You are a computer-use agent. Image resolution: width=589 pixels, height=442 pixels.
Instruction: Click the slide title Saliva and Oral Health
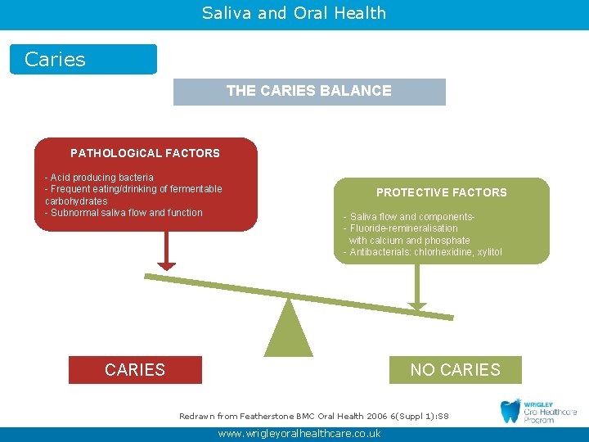pyautogui.click(x=294, y=13)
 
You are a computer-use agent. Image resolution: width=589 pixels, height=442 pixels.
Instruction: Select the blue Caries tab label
pyautogui.click(x=56, y=60)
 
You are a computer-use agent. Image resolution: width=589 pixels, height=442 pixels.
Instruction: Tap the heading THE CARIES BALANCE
pyautogui.click(x=309, y=91)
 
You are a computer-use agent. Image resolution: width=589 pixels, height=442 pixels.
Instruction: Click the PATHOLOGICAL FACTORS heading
pyautogui.click(x=145, y=153)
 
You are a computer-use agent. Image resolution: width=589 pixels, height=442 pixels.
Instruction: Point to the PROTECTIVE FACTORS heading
pyautogui.click(x=441, y=192)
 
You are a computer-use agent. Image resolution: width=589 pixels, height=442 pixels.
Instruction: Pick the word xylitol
pyautogui.click(x=488, y=252)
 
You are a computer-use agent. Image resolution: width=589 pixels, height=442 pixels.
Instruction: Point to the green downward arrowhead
pyautogui.click(x=417, y=307)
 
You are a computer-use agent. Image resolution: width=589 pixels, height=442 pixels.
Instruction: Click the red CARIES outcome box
pyautogui.click(x=135, y=370)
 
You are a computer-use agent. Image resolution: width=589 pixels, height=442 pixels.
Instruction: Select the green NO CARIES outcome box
pyautogui.click(x=455, y=370)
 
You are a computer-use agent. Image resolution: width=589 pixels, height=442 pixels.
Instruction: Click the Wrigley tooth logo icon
pyautogui.click(x=511, y=411)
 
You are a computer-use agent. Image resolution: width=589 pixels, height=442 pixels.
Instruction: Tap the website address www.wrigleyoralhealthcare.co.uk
pyautogui.click(x=299, y=434)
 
